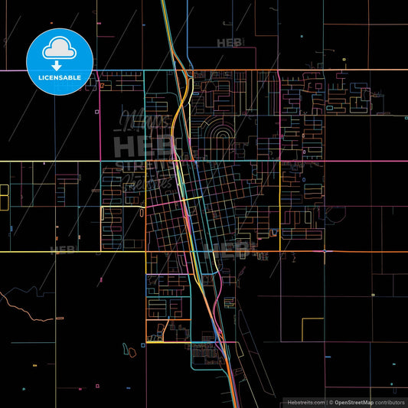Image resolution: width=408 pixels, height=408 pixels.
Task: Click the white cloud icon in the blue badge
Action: coord(60,48)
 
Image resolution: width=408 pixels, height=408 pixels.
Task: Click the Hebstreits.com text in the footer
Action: coord(304,402)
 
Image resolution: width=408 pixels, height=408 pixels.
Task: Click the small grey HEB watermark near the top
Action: coord(228,43)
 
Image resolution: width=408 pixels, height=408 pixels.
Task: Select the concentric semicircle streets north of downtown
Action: coord(223,135)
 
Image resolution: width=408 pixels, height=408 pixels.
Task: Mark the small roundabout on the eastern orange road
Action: coord(325,250)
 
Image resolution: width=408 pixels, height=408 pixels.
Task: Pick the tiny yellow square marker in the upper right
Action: coord(344,59)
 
